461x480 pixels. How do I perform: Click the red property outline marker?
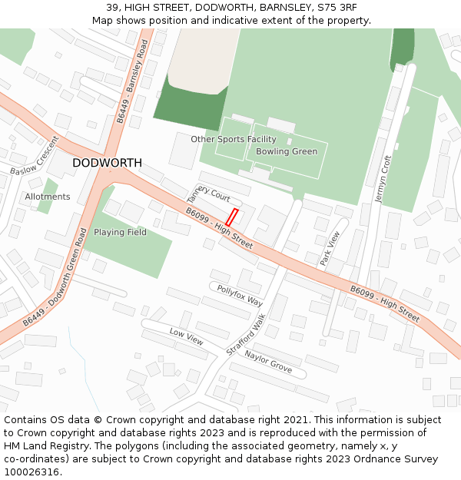(x=231, y=217)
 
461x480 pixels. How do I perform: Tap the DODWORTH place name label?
(x=107, y=164)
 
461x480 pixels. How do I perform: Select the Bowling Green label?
(x=287, y=151)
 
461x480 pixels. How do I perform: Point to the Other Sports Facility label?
(x=234, y=139)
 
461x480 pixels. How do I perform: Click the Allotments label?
(x=48, y=197)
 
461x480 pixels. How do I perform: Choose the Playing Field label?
(x=120, y=232)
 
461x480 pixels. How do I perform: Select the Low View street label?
(x=186, y=336)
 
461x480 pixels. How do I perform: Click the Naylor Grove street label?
(x=268, y=361)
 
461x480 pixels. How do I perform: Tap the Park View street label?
(x=329, y=249)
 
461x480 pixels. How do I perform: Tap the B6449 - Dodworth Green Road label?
(x=55, y=276)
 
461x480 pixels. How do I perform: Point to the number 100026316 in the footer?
(x=33, y=472)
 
